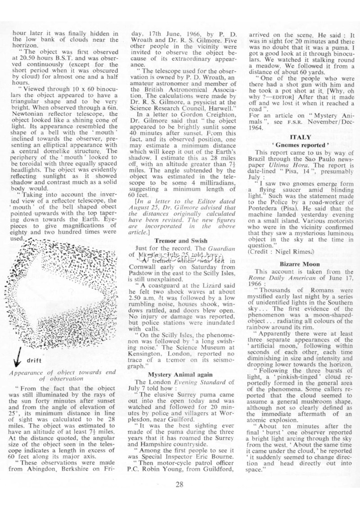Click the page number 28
(x=180, y=484)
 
